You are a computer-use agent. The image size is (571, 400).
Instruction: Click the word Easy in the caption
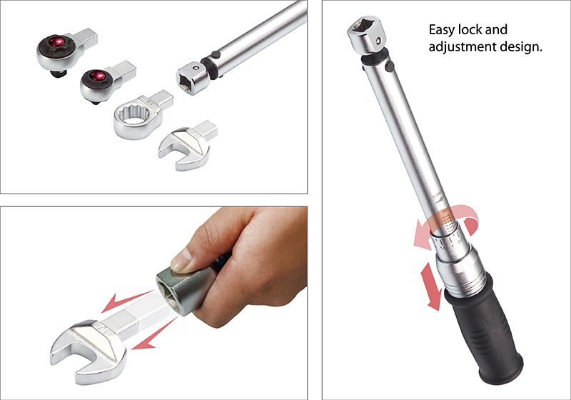tap(442, 31)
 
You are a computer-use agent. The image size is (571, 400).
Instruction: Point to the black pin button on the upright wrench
tap(390, 67)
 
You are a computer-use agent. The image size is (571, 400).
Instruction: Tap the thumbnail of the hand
tap(181, 261)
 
